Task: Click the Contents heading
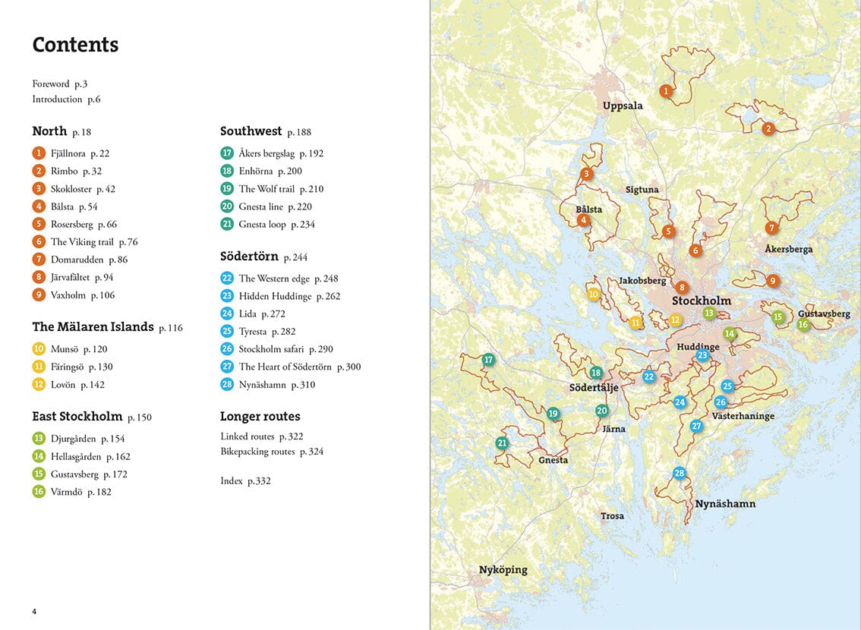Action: (75, 45)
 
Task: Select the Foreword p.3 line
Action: (59, 84)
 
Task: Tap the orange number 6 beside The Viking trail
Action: (39, 242)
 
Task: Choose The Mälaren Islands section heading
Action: (93, 327)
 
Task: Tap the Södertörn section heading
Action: (249, 257)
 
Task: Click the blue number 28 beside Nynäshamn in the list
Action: (227, 385)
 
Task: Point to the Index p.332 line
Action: (245, 481)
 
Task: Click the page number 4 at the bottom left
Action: (34, 612)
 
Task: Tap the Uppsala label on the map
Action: (623, 106)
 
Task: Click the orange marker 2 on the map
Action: (768, 129)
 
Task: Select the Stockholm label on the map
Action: (701, 301)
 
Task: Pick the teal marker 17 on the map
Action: (488, 360)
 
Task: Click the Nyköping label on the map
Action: (503, 569)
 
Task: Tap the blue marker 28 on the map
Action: (679, 473)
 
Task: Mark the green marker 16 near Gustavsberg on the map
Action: (803, 325)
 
